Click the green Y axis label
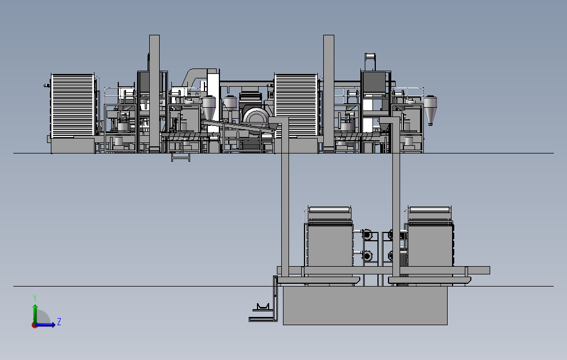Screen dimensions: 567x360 click(35, 298)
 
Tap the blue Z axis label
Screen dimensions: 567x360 click(59, 321)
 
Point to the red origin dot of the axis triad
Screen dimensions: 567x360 click(35, 325)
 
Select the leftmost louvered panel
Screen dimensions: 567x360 click(73, 105)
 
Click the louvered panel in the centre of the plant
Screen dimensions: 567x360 click(296, 105)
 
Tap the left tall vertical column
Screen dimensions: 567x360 click(154, 93)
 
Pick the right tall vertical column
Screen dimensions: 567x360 click(329, 93)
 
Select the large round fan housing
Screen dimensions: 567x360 click(256, 119)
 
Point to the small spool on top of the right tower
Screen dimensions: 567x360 click(370, 57)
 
